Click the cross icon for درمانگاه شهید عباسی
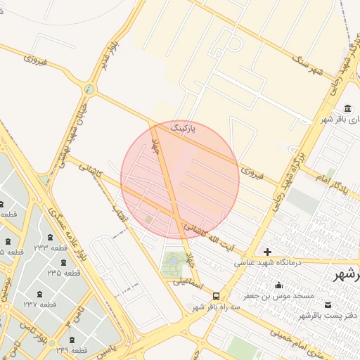click(x=267, y=252)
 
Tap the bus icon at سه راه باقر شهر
click(x=216, y=296)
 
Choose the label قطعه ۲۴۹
click(x=69, y=349)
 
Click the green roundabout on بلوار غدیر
click(x=89, y=89)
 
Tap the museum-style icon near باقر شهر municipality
click(x=347, y=108)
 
